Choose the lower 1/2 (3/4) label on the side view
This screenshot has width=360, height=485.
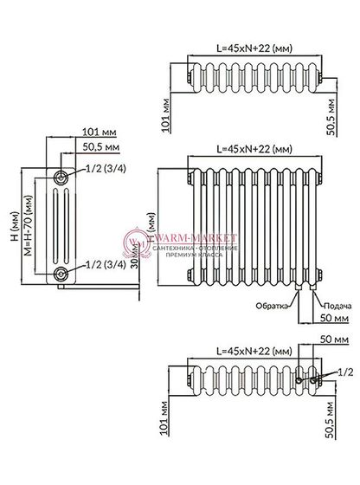(102, 265)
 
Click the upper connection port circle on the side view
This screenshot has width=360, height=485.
(60, 177)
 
